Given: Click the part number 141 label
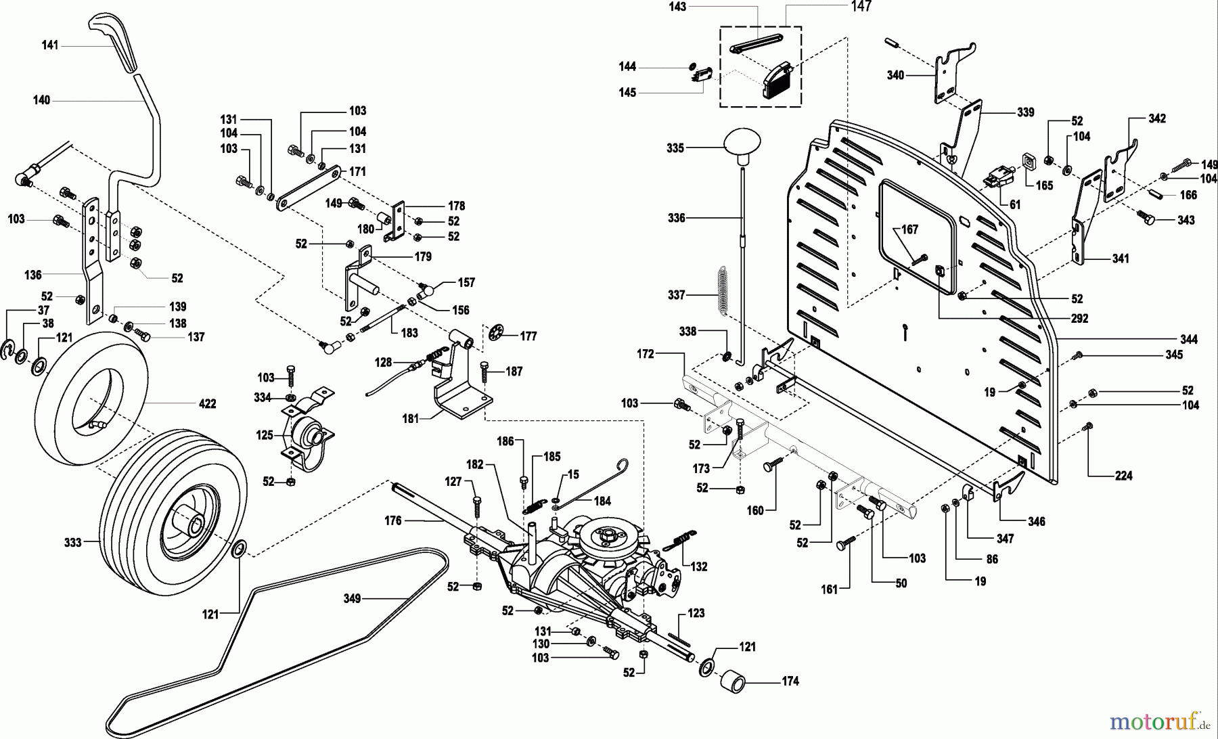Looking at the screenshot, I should (x=50, y=45).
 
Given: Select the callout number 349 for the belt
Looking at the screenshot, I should (x=352, y=598).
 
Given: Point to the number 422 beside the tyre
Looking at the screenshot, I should (x=207, y=404).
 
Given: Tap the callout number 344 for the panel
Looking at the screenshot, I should (x=1188, y=339).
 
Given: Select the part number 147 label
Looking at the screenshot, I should (x=861, y=7).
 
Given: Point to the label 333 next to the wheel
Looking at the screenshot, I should (x=72, y=542).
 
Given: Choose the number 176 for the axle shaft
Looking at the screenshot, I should (x=392, y=520).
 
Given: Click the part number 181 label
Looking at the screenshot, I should (x=411, y=418).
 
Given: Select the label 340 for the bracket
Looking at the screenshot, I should (x=895, y=75).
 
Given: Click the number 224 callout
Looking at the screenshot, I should (x=1123, y=476).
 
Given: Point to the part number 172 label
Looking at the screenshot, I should (x=646, y=354).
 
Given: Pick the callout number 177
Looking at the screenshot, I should (x=528, y=336).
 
